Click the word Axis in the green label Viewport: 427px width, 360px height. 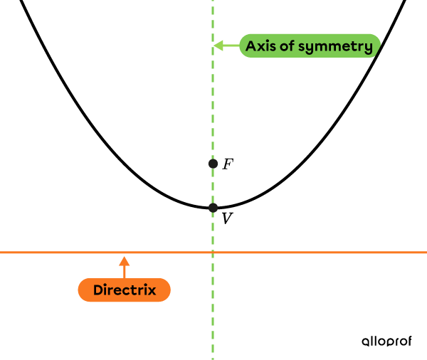coord(260,47)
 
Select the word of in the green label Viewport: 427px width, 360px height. coord(287,47)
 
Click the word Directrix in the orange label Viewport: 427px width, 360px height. coord(125,290)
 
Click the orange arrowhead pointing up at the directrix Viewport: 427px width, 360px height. coord(125,260)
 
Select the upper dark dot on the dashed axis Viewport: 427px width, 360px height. coord(213,164)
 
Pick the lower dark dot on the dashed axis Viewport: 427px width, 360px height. coord(213,208)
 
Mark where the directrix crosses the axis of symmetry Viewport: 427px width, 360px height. coord(213,253)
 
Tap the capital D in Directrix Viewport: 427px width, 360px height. coord(98,290)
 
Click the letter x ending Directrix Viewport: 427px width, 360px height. coord(152,291)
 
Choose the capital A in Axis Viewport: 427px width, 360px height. coord(251,47)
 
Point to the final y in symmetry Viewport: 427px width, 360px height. coord(368,48)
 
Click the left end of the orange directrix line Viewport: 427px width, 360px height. coord(1,253)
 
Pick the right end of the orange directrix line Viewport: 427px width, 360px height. coord(425,253)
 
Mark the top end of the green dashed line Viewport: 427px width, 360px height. coord(213,2)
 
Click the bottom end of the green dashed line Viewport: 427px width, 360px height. coord(213,357)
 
